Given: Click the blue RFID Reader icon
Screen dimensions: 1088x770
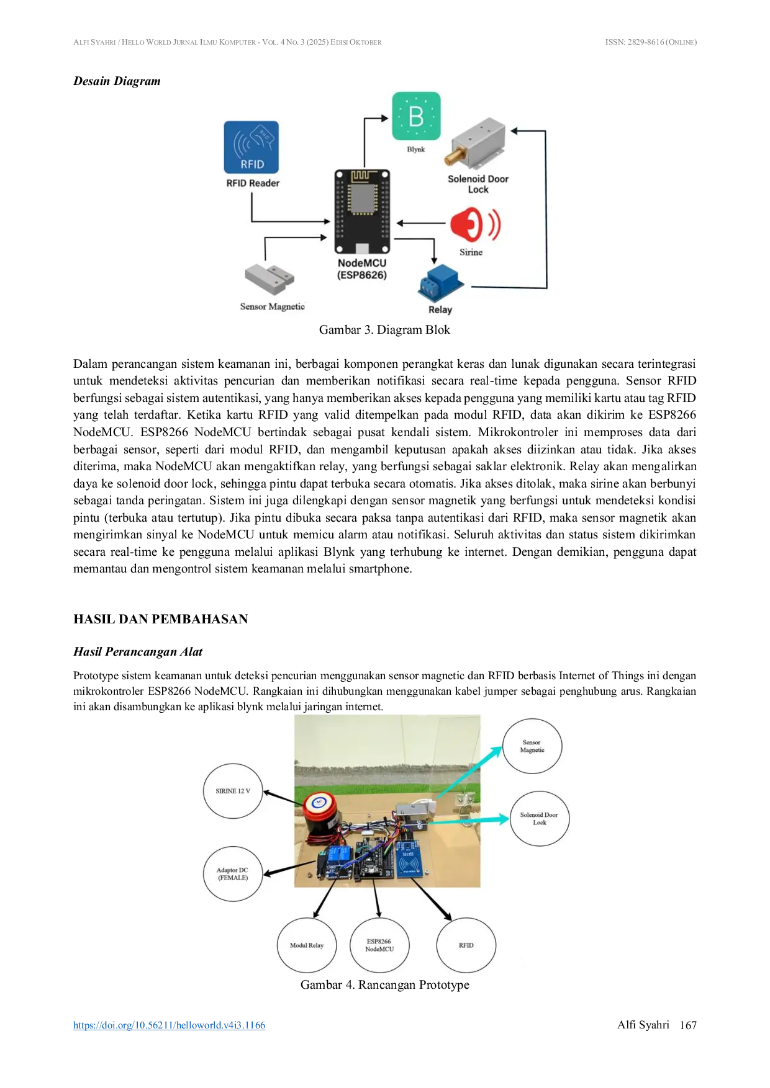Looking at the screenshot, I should (251, 147).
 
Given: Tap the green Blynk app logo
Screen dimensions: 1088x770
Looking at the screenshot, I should (416, 116).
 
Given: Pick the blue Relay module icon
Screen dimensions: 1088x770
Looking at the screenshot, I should (440, 283).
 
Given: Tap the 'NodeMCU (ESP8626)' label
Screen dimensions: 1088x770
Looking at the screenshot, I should (362, 269).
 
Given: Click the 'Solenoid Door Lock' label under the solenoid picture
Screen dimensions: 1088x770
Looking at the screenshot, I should (478, 184).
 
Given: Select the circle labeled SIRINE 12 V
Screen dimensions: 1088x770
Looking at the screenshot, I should (233, 791).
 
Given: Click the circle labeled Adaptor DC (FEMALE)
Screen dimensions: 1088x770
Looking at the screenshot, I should (233, 873).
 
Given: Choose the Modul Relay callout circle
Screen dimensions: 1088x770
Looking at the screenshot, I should (307, 945).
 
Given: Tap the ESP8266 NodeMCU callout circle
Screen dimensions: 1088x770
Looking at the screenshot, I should (379, 945).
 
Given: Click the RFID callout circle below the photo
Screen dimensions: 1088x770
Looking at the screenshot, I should (466, 945).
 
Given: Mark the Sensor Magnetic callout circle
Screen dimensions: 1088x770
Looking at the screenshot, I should (532, 746).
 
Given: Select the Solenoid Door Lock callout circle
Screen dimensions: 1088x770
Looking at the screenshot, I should (539, 818).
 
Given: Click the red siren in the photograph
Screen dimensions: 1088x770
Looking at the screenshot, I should (321, 813).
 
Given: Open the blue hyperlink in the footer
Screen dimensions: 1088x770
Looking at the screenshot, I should (168, 1025).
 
